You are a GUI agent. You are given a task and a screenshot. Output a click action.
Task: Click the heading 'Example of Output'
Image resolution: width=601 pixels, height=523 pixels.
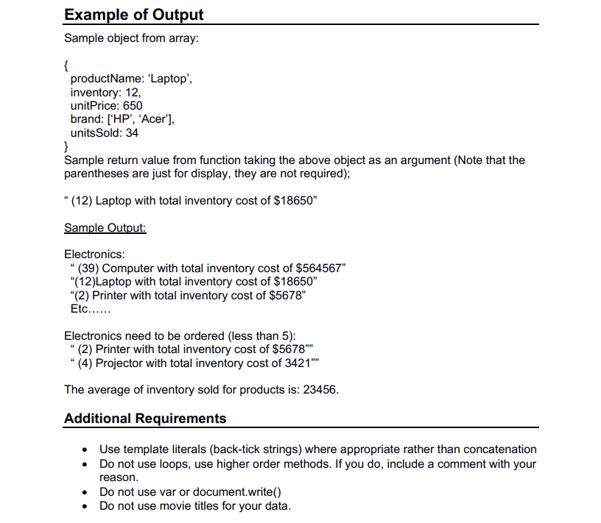click(x=134, y=14)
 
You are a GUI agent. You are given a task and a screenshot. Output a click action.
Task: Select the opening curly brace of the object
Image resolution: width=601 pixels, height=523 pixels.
click(x=67, y=65)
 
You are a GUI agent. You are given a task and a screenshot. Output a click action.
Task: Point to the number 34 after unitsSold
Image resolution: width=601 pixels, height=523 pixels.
click(x=132, y=133)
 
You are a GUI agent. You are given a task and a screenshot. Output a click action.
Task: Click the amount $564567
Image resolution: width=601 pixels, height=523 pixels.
click(x=318, y=268)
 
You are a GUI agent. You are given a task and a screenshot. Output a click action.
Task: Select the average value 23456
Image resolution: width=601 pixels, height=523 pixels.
click(x=317, y=390)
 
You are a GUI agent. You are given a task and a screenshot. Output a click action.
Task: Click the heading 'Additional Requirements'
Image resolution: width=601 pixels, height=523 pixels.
click(x=145, y=419)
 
